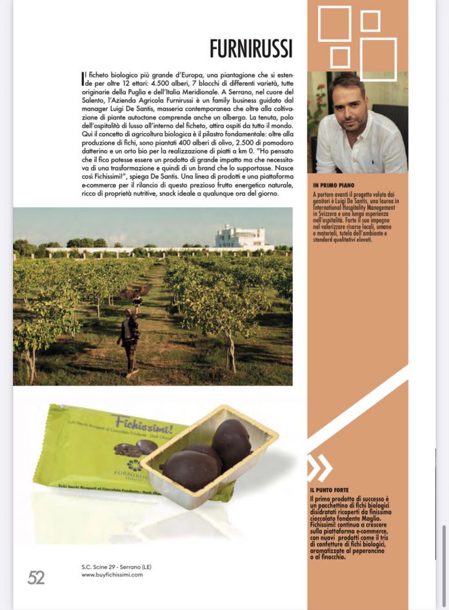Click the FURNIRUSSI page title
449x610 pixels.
(251, 48)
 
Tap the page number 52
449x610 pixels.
(36, 578)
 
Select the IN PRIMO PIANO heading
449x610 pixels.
(332, 185)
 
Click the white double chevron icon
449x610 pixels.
(320, 468)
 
